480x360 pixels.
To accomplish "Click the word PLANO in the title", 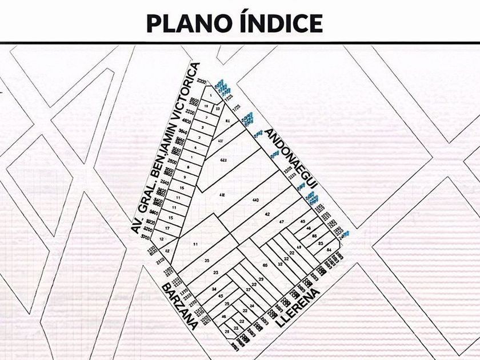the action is coord(182,23).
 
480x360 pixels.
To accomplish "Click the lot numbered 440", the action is coord(255,200).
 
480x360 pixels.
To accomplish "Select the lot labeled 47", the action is coord(281,222).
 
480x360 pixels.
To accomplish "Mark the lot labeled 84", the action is coord(328,250).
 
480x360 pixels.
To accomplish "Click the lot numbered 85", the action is coord(314,236).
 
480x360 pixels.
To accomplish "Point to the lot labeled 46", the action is coord(309,228).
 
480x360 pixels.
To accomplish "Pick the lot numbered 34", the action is coord(213,289).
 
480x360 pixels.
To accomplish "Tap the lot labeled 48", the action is coord(223,317).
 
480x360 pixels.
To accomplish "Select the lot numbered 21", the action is coord(227,331).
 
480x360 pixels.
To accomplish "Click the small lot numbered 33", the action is coord(217,107).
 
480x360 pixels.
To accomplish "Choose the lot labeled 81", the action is coord(228,122).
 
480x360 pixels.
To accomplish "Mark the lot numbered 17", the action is coord(167,228).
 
